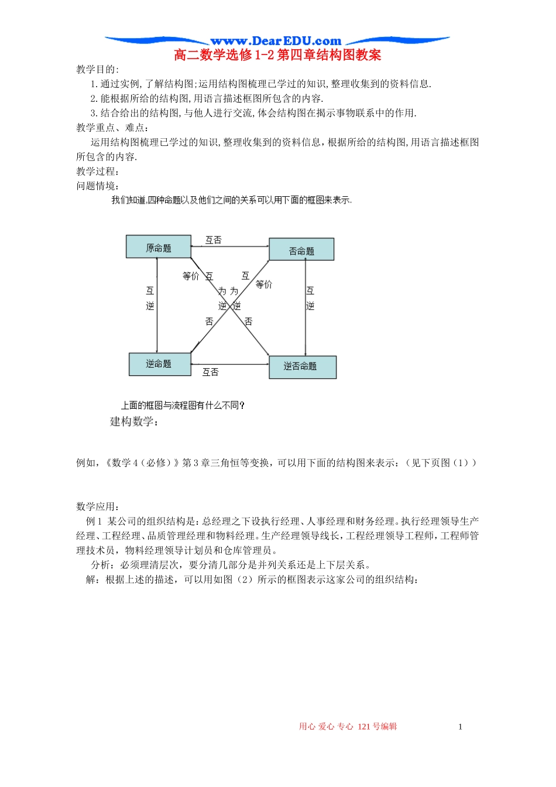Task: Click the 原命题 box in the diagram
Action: pyautogui.click(x=159, y=247)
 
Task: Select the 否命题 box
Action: pyautogui.click(x=301, y=249)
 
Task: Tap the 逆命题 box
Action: pyautogui.click(x=159, y=364)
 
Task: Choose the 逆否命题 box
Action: pyautogui.click(x=302, y=367)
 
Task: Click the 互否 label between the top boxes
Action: pyautogui.click(x=214, y=240)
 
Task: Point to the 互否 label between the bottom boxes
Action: pyautogui.click(x=211, y=372)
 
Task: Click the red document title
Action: pyautogui.click(x=277, y=56)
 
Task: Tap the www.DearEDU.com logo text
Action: pyautogui.click(x=276, y=41)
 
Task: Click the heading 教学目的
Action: pyautogui.click(x=97, y=70)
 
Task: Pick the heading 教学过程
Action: pyautogui.click(x=98, y=172)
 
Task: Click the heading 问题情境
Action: pyautogui.click(x=98, y=186)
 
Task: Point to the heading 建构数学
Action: pyautogui.click(x=134, y=422)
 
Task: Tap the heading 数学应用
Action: pyautogui.click(x=98, y=507)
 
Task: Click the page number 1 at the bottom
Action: pyautogui.click(x=460, y=727)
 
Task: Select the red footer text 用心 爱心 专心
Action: pyautogui.click(x=326, y=727)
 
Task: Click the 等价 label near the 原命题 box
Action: pyautogui.click(x=191, y=276)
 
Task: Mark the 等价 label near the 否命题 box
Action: pyautogui.click(x=264, y=285)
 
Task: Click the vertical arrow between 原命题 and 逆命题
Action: pyautogui.click(x=157, y=304)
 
